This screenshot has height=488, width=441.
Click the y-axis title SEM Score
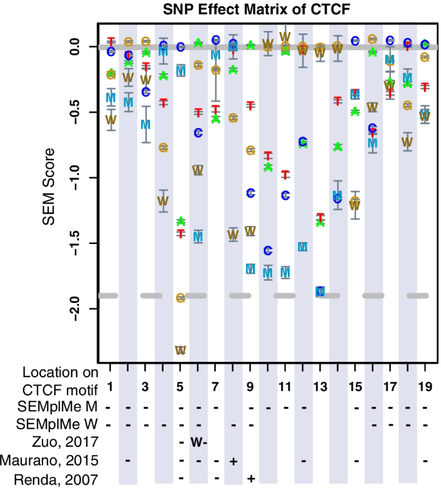pyautogui.click(x=48, y=188)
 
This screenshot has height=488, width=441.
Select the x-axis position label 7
pyautogui.click(x=215, y=389)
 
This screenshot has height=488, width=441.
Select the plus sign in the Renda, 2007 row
pyautogui.click(x=250, y=479)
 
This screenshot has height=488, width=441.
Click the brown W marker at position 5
pyautogui.click(x=180, y=350)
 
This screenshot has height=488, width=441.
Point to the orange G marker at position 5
pyautogui.click(x=180, y=297)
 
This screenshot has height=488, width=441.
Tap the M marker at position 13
pyautogui.click(x=320, y=292)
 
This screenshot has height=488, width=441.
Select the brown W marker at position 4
pyautogui.click(x=163, y=200)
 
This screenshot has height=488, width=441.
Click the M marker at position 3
pyautogui.click(x=145, y=124)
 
